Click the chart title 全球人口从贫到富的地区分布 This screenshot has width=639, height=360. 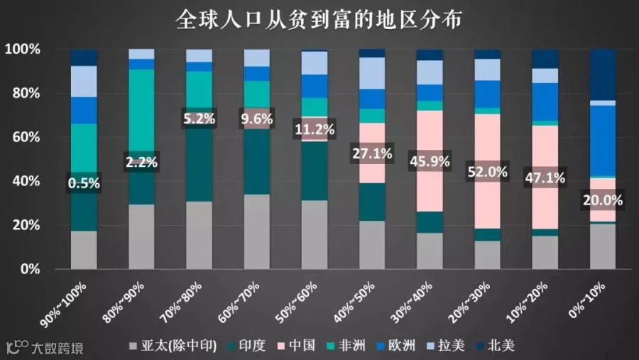(x=319, y=19)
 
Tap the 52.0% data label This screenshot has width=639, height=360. (x=487, y=172)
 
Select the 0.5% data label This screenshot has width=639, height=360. (x=84, y=183)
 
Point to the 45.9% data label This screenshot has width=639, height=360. (x=430, y=161)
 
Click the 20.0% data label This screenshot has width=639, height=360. (x=603, y=200)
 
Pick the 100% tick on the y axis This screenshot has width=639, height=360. (x=23, y=49)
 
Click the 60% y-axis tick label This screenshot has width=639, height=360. (x=26, y=137)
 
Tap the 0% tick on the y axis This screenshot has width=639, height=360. (x=30, y=269)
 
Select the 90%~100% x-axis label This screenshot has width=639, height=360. (x=64, y=305)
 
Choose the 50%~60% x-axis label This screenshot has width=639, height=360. (x=296, y=302)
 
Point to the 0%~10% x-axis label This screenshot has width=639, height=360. (x=587, y=300)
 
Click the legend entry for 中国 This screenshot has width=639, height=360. (x=297, y=346)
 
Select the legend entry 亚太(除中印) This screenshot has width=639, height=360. (x=173, y=346)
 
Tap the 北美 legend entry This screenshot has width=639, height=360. (x=496, y=346)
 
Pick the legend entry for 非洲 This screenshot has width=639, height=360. (x=346, y=346)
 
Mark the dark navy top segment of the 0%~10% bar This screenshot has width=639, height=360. (x=603, y=75)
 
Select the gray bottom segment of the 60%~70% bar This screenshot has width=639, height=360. (x=257, y=231)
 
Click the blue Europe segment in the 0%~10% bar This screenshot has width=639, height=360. (x=603, y=141)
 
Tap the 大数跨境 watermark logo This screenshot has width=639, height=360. (x=45, y=347)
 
